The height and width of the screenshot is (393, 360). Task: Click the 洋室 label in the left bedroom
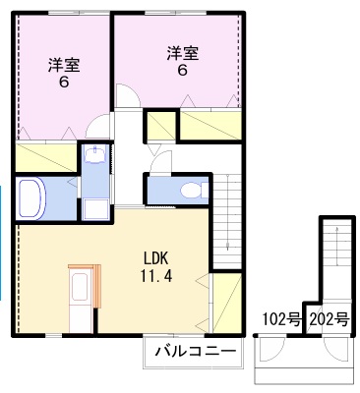coord(64,66)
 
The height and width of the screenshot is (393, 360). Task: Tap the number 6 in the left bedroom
coord(64,84)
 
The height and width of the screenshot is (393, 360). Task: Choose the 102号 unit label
coord(280,318)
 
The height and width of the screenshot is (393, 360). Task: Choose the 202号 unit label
coord(329,318)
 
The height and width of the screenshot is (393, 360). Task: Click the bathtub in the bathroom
coord(31,199)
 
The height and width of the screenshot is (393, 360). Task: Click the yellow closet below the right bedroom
coord(210,125)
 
